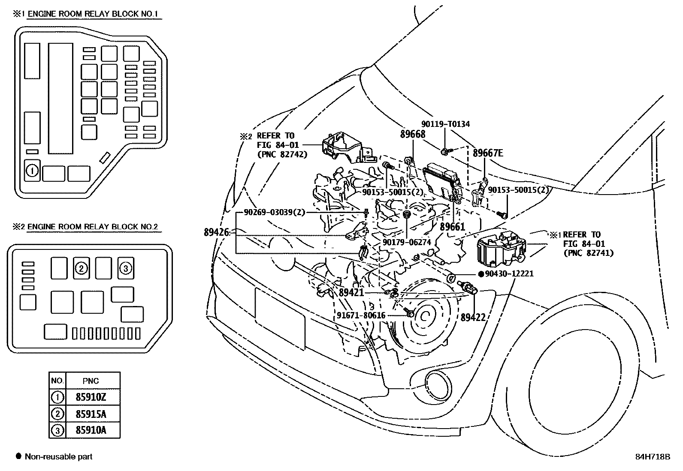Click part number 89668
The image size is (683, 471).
tap(412, 134)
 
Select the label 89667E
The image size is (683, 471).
tap(488, 153)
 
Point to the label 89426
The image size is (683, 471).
tap(217, 232)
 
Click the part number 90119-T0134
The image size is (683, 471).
tap(445, 124)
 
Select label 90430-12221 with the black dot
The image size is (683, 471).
tap(509, 273)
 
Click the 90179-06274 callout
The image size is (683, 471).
tap(406, 242)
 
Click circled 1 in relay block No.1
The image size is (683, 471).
tap(32, 171)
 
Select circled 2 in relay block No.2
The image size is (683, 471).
tap(81, 268)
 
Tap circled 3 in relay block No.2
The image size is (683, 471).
tap(125, 268)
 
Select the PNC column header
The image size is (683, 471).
tap(91, 381)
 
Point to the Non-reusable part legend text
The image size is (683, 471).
tap(58, 456)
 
